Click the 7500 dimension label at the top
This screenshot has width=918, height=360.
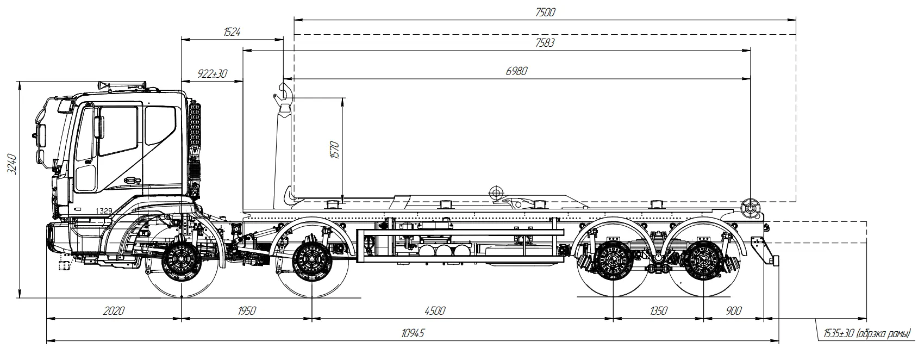coord(545,12)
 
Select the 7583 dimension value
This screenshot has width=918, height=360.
coord(545,43)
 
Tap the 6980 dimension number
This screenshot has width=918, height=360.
coord(516,71)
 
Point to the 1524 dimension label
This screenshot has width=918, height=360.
coord(232,32)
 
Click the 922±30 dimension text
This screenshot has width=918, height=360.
coord(212,74)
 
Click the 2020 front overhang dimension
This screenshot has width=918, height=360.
coord(114,311)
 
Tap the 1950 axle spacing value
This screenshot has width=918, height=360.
coord(246,311)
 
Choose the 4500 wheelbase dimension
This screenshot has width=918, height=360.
coord(435,311)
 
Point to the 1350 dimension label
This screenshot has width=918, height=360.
coord(658,311)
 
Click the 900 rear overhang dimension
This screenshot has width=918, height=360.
coord(733,311)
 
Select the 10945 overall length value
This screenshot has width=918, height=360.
coord(413,333)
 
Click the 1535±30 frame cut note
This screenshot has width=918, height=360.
coord(866,333)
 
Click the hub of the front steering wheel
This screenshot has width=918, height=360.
coord(181,263)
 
